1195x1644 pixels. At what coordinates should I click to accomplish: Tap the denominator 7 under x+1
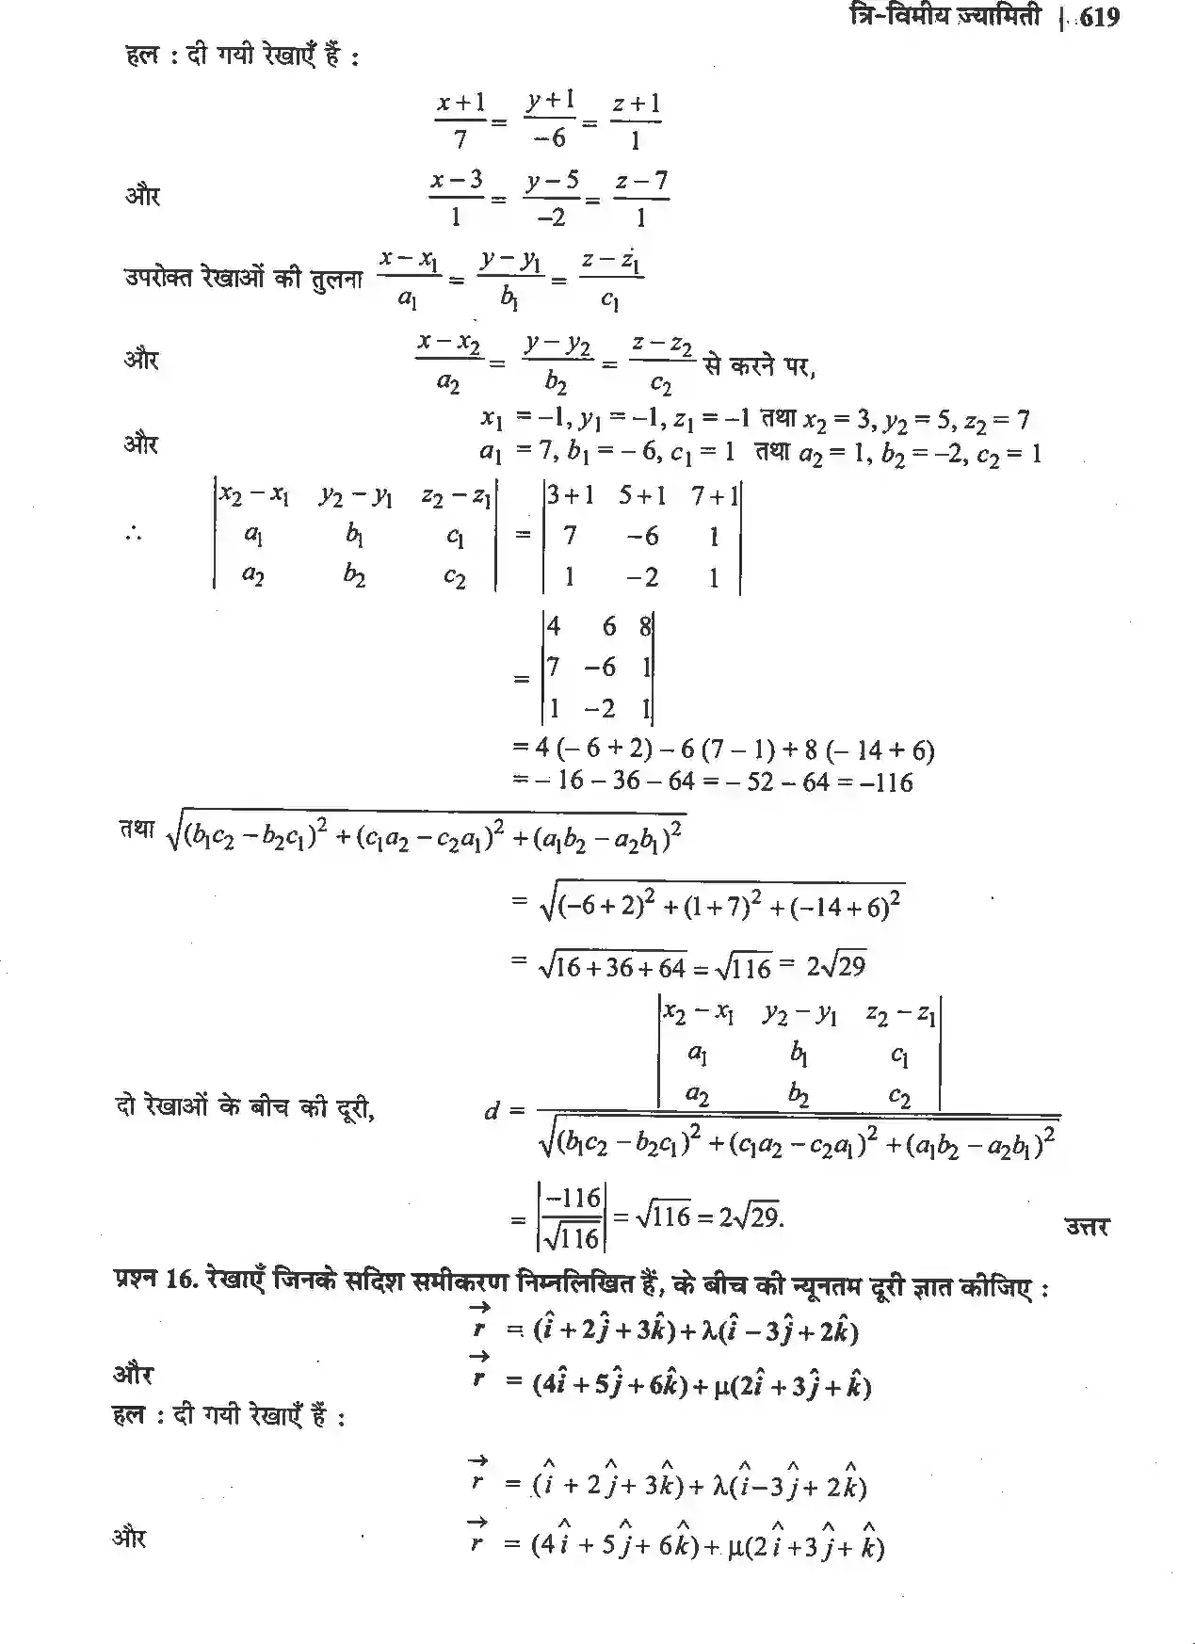coord(460,139)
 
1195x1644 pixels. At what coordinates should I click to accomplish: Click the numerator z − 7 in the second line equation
coord(641,180)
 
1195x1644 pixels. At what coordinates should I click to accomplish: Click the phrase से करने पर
coord(759,365)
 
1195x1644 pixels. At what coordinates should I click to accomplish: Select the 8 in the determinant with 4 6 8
coord(645,626)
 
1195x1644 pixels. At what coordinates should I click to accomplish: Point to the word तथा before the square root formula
coord(137,830)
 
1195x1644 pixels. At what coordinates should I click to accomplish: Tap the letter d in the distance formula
coord(492,1111)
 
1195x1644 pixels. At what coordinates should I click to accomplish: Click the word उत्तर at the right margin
coord(1087,1226)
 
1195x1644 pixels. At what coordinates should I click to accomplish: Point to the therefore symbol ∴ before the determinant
coord(133,535)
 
